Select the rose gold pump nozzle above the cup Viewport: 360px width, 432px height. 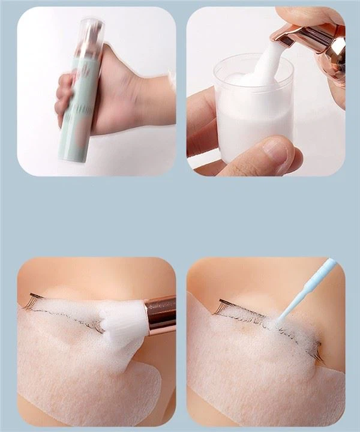pyautogui.click(x=318, y=39)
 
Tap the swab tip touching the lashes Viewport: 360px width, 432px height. pyautogui.click(x=277, y=324)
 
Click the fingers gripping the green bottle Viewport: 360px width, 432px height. pyautogui.click(x=66, y=96)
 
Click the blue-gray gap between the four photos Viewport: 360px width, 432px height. pyautogui.click(x=181, y=216)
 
